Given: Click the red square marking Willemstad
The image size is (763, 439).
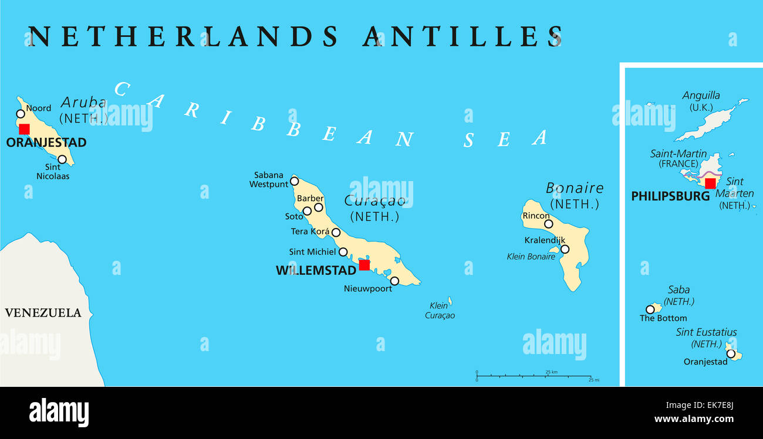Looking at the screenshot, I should tap(364, 265).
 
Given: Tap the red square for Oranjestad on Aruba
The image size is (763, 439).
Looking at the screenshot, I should tap(24, 129).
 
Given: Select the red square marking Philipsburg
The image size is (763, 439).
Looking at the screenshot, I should tap(710, 183).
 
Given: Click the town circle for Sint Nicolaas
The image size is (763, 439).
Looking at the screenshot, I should tap(62, 159).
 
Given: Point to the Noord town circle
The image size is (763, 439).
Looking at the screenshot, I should tap(21, 114).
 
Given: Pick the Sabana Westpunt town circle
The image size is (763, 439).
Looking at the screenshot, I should tap(295, 181).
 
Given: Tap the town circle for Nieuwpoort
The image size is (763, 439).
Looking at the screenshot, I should tap(394, 281).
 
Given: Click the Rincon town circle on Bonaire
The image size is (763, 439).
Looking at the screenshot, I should tap(548, 224).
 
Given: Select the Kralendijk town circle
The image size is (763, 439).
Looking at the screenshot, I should tap(565, 249).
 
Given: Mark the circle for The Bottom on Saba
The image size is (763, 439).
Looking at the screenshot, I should tap(650, 309).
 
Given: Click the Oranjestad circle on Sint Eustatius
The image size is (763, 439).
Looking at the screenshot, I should tap(730, 353).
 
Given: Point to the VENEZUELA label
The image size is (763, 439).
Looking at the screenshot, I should tap(43, 313).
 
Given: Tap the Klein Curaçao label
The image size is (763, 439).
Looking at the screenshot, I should tap(440, 311).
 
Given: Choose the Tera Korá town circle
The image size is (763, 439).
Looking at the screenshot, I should tap(336, 233).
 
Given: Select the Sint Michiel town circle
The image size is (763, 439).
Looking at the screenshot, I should tap(343, 253).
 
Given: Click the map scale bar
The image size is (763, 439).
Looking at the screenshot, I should tap(534, 376).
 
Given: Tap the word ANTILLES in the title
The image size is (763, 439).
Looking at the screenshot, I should tap(462, 36).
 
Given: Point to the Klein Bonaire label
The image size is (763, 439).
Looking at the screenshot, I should tap(531, 257).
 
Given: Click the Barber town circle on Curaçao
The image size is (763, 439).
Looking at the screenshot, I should tap(319, 207).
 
